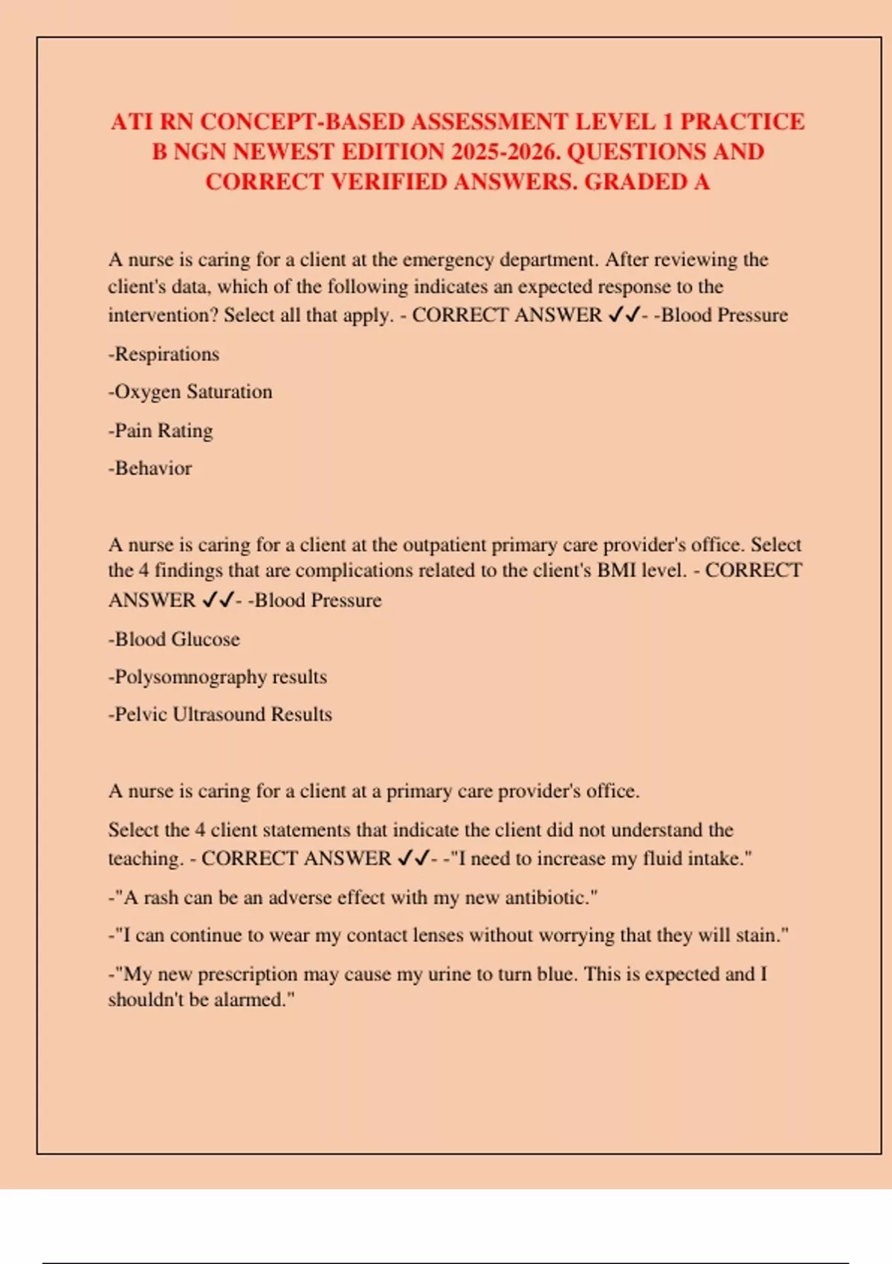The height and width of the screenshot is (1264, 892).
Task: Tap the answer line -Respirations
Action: pos(164,354)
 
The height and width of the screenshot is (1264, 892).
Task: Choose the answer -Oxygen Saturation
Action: pos(190,392)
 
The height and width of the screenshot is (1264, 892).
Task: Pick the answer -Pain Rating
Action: pos(161,431)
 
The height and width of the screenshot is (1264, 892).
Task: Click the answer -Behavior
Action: pos(150,468)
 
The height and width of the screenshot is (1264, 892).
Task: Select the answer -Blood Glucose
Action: pos(174,639)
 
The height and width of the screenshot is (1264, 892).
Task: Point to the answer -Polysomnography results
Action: pos(218,677)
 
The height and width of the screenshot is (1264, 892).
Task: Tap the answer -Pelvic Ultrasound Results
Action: pos(220,715)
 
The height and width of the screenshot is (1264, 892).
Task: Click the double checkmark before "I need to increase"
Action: pos(413,859)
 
